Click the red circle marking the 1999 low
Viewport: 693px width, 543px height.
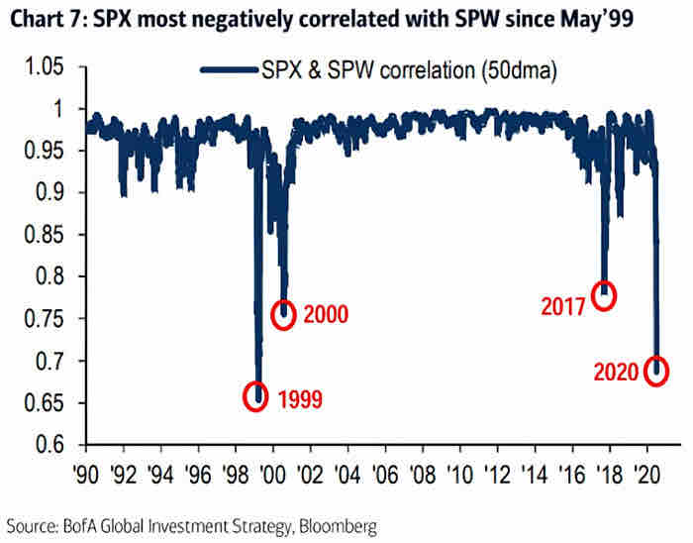coord(256,395)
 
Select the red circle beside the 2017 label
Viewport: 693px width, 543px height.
coord(603,294)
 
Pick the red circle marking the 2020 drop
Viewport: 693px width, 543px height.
coord(655,371)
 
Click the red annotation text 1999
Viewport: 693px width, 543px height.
coord(301,400)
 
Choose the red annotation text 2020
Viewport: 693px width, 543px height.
coord(615,374)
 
